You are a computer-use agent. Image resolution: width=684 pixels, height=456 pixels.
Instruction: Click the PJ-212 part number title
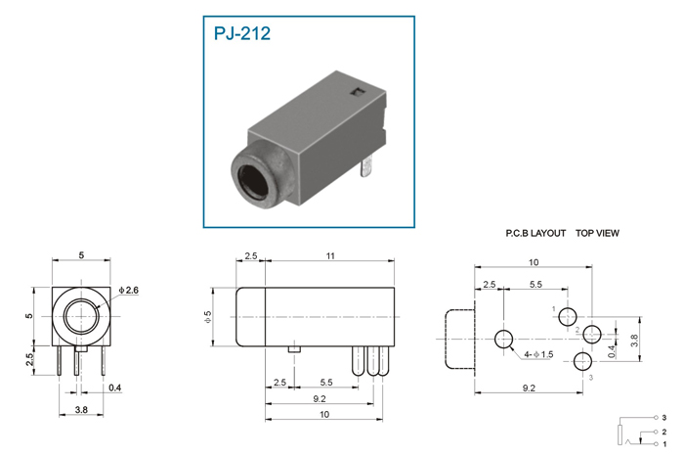tap(241, 33)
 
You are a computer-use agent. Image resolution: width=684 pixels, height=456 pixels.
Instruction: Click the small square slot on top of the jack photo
tap(358, 92)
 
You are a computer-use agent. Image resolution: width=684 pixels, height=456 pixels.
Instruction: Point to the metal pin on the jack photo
tap(366, 167)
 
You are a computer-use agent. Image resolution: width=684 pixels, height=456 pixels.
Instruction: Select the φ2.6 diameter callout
tap(128, 290)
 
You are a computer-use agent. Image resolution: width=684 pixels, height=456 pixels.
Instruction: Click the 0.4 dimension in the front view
tap(114, 388)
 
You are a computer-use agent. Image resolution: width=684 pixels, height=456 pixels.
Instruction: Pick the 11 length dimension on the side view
tap(330, 256)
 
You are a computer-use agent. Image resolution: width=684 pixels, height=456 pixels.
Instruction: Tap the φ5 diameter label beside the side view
tap(207, 317)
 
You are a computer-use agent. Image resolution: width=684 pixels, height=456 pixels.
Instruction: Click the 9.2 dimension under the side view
tap(320, 399)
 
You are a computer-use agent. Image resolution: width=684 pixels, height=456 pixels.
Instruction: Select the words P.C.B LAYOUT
tap(535, 233)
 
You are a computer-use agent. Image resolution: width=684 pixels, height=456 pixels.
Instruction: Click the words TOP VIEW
tap(597, 233)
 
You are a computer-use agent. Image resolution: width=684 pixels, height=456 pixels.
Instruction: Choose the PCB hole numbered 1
tap(568, 317)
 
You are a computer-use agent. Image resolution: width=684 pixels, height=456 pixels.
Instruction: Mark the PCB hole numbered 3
tap(582, 361)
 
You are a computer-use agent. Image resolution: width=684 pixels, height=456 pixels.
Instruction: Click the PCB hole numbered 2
tap(592, 335)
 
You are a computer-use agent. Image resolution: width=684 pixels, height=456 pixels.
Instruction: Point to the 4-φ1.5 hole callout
tap(538, 354)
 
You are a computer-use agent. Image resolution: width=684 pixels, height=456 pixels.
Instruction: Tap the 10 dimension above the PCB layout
tap(534, 262)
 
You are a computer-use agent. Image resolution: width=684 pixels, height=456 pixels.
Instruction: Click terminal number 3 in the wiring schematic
tap(663, 418)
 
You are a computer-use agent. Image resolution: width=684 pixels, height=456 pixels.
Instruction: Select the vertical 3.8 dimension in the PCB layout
tap(634, 340)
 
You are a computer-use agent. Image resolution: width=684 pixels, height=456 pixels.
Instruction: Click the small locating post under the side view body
tap(294, 349)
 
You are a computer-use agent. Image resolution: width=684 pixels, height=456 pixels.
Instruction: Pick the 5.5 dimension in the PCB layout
tap(535, 285)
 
